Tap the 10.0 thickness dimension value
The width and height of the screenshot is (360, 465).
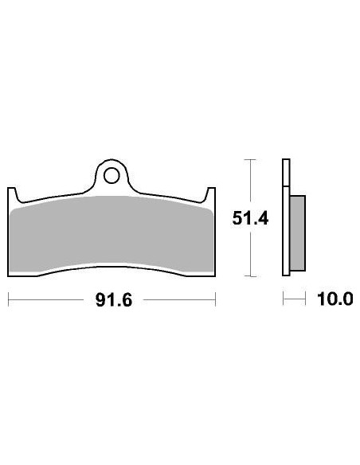pos(335,299)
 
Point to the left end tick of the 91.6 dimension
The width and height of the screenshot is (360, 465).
pos(8,300)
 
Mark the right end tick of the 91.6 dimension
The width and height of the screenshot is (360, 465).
pos(216,300)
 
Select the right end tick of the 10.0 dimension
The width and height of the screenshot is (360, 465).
pos(307,299)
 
